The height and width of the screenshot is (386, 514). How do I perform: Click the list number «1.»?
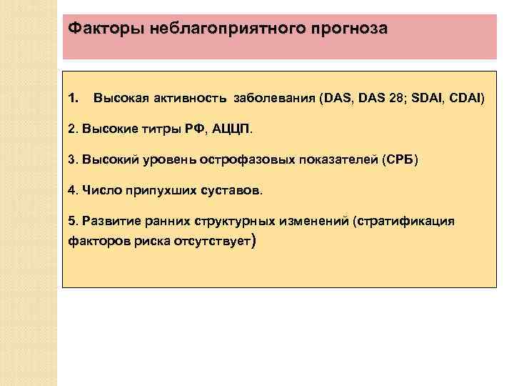click(73, 96)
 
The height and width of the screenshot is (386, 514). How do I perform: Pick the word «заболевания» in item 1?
click(270, 96)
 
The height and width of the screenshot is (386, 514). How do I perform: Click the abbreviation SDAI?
click(423, 96)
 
